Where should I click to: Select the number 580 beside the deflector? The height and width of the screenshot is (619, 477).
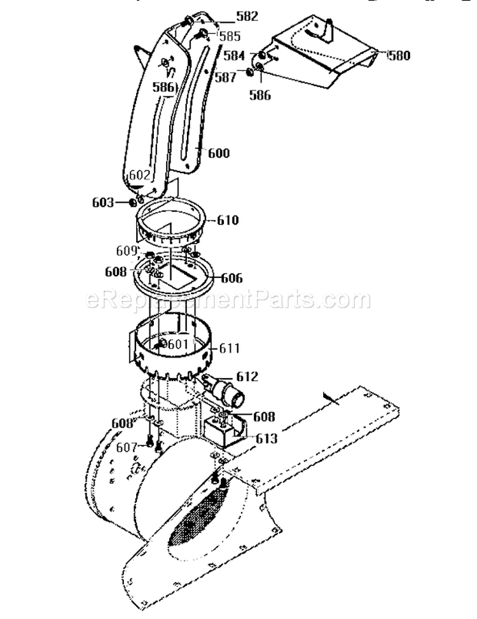point(399,55)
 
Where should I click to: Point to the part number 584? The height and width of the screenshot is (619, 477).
point(235,55)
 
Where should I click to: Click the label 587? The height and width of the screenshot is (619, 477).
point(226,77)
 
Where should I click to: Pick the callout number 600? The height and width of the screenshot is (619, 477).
point(219,153)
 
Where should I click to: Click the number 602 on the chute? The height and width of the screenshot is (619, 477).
point(139,174)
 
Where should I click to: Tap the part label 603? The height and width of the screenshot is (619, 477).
point(103,202)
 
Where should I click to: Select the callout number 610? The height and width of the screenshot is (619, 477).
point(228,220)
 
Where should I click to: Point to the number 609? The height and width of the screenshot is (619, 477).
point(127,250)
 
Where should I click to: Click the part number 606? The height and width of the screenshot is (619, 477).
point(232,278)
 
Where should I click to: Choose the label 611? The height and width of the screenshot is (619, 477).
point(230,348)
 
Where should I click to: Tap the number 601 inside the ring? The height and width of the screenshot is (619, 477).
point(179,344)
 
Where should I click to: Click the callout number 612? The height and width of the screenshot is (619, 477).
point(247,377)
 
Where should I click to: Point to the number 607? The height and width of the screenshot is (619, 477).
point(127,447)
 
